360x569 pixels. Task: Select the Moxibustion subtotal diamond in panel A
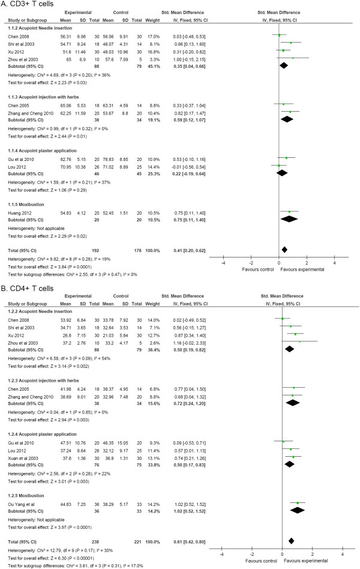tap(289, 218)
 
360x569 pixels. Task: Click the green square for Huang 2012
tap(289, 212)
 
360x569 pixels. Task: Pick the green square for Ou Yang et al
tap(297, 503)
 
